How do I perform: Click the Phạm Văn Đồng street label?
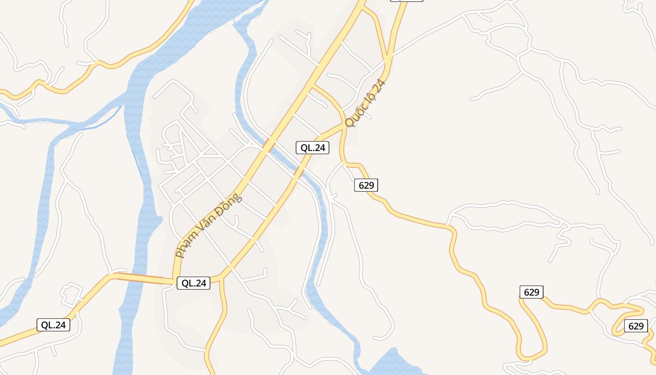pyautogui.click(x=209, y=226)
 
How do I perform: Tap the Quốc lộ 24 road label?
pyautogui.click(x=365, y=104)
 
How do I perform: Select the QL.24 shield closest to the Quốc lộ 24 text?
pyautogui.click(x=313, y=148)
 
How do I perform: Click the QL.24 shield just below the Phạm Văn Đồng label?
pyautogui.click(x=194, y=283)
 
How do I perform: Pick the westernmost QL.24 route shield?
pyautogui.click(x=53, y=325)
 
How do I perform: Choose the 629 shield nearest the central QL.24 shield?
pyautogui.click(x=366, y=185)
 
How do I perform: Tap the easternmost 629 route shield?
pyautogui.click(x=636, y=326)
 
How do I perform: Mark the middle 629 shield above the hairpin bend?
pyautogui.click(x=531, y=292)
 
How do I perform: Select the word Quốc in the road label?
pyautogui.click(x=355, y=117)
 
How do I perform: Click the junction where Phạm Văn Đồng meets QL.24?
pyautogui.click(x=175, y=281)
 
